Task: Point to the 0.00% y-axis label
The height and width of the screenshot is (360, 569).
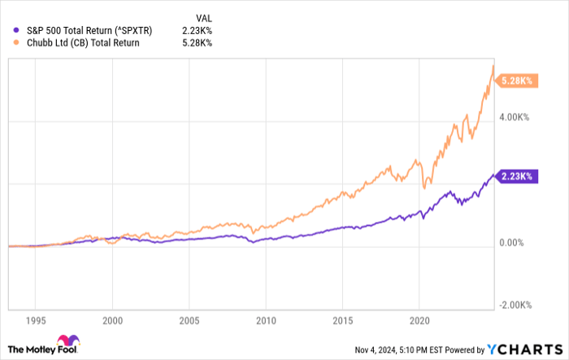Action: point(515,242)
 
